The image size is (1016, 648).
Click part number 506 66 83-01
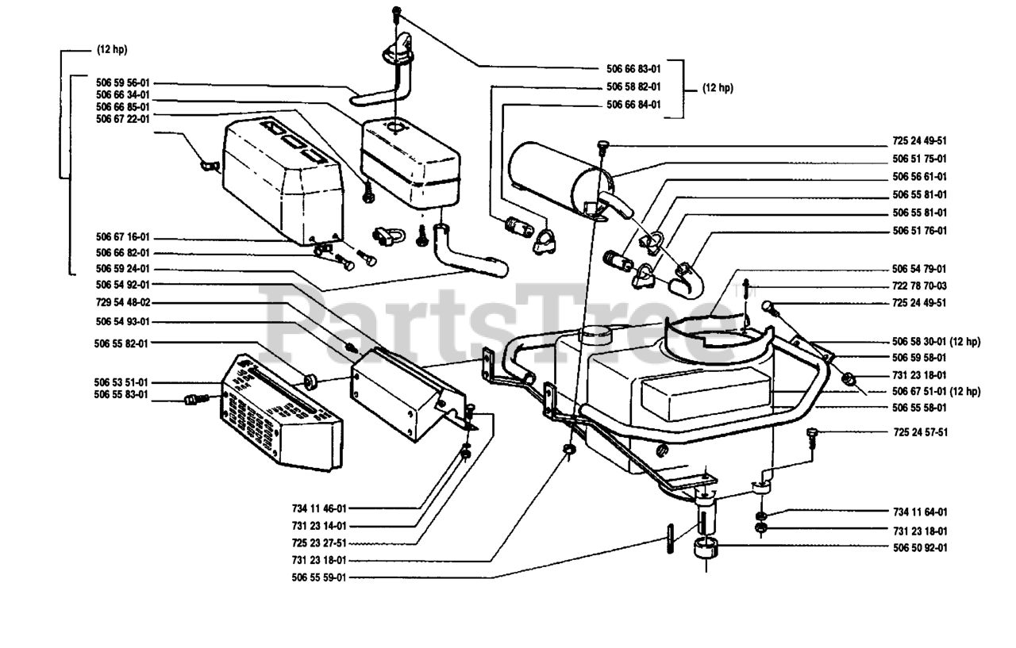tap(633, 69)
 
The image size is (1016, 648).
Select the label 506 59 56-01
tap(122, 83)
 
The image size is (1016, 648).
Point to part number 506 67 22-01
tap(122, 119)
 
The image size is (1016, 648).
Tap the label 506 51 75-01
tap(919, 159)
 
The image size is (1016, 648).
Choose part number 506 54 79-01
tap(919, 269)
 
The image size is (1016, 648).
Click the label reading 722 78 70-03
tap(919, 286)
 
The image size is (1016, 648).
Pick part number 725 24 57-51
tap(920, 432)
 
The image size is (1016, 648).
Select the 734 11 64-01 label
tap(920, 512)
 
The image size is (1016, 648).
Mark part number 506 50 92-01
tap(920, 548)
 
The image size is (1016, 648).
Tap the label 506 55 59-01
tap(319, 577)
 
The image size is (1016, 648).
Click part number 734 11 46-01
tap(319, 508)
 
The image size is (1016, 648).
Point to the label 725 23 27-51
tap(319, 543)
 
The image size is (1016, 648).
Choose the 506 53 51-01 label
tap(121, 382)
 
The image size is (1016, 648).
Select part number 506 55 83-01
tap(121, 395)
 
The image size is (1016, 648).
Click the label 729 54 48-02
tap(122, 302)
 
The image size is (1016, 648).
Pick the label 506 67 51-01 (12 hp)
tap(936, 391)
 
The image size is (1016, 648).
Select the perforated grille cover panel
tap(281, 412)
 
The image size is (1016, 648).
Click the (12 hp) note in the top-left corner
tap(112, 49)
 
